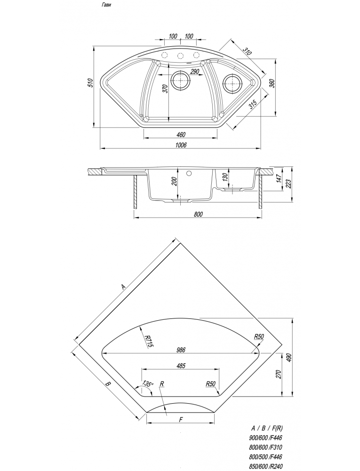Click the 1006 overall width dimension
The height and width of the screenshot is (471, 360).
tap(181, 145)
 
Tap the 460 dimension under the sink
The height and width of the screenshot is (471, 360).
tap(181, 134)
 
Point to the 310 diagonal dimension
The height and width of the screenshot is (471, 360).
tap(248, 51)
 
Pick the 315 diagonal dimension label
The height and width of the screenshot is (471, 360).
tap(253, 105)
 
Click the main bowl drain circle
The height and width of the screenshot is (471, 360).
tap(180, 81)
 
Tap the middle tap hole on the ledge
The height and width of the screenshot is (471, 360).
tap(180, 56)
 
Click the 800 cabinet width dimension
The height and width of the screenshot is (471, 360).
tap(199, 214)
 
